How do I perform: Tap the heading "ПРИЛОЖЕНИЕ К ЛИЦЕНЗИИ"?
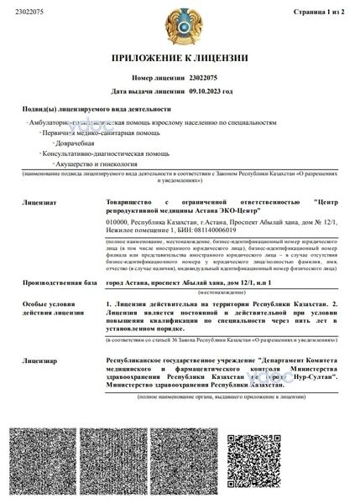180,58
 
